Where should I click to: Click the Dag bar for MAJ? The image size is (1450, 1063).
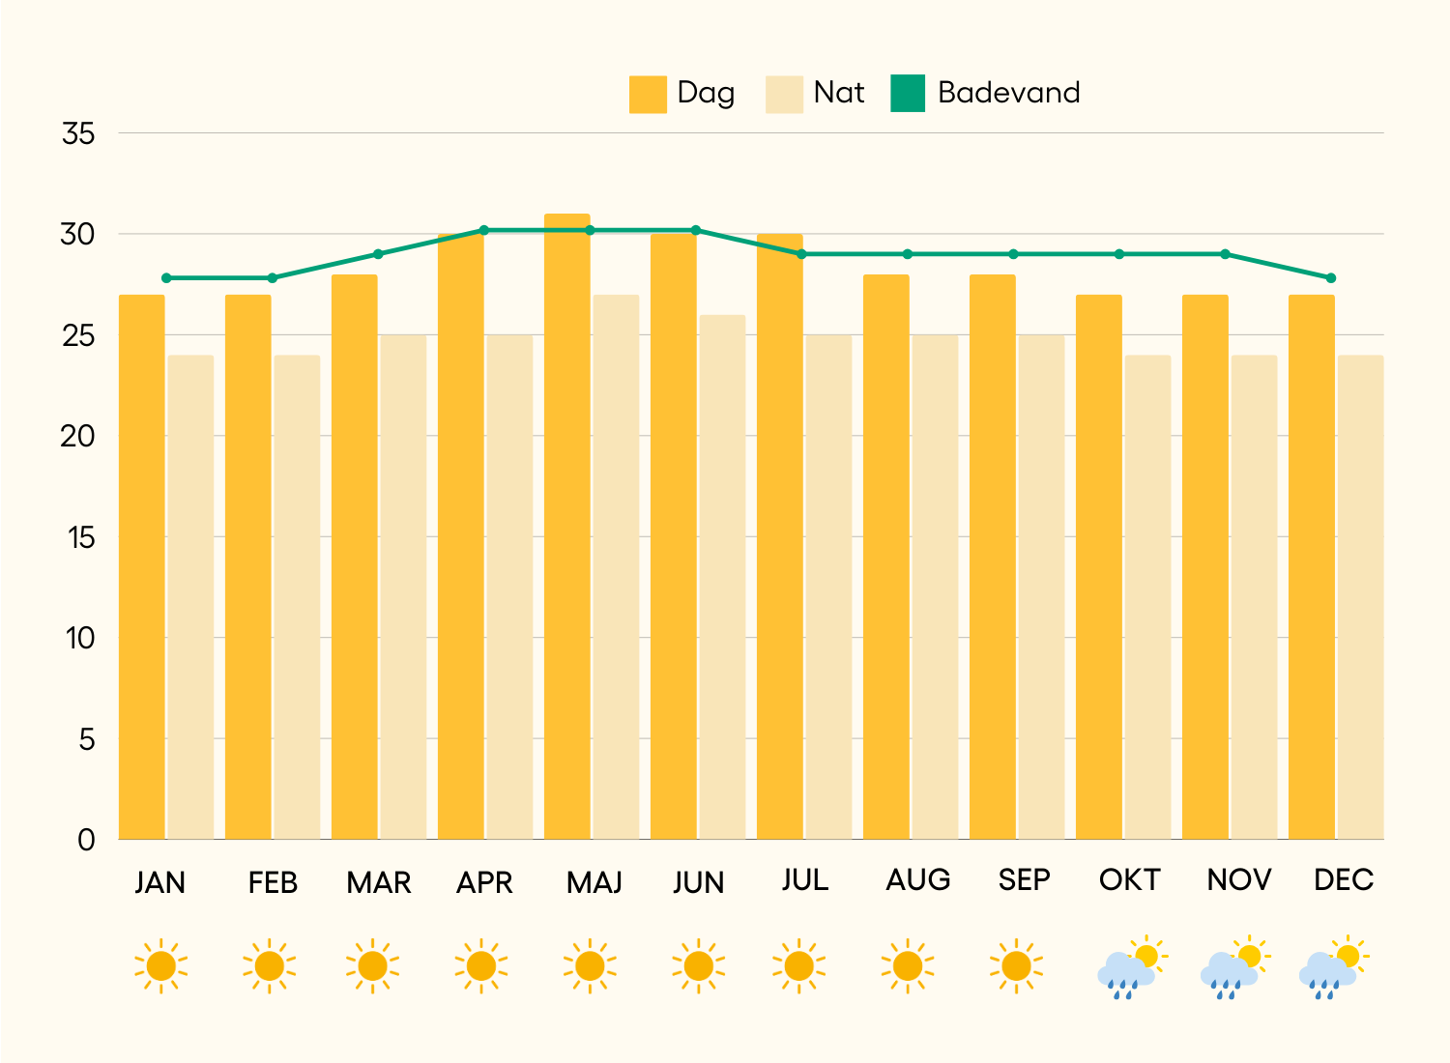point(567,527)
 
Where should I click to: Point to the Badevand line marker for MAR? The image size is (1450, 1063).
point(378,254)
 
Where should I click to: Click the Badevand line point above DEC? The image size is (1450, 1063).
point(1331,278)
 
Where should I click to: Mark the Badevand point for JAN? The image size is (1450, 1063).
point(166,278)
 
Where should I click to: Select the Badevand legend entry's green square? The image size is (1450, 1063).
point(908,94)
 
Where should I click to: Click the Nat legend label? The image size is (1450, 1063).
point(838,93)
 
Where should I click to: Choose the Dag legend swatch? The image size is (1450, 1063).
point(648,94)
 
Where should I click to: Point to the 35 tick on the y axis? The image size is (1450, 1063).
point(78,133)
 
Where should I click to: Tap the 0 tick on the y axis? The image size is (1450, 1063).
point(86,840)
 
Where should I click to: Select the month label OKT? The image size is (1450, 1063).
point(1129,880)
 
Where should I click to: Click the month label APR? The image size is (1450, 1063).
point(484,882)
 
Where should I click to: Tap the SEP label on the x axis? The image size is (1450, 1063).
point(1024,880)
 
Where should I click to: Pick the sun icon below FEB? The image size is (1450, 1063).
point(270,965)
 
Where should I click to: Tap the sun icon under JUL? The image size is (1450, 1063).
point(798,965)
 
